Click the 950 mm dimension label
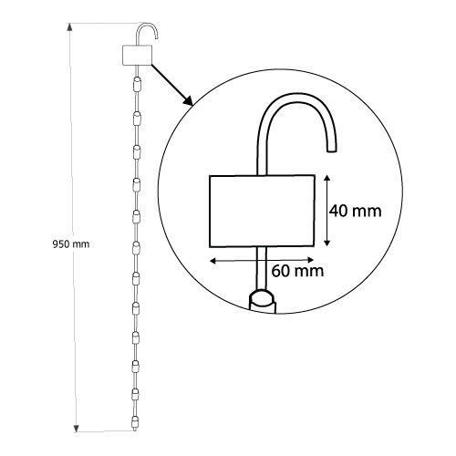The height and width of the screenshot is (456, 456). click(71, 244)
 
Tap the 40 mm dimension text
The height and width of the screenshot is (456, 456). click(356, 211)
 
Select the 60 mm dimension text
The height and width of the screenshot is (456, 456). click(297, 271)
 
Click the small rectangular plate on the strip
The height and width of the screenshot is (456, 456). click(137, 55)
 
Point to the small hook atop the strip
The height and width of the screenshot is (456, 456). click(147, 24)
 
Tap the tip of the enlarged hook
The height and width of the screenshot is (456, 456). click(332, 150)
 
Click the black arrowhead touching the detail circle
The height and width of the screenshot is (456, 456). click(189, 100)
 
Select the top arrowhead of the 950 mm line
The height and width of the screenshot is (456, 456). click(69, 27)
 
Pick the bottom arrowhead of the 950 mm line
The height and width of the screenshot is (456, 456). click(77, 428)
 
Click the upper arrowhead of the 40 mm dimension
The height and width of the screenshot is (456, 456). click(327, 179)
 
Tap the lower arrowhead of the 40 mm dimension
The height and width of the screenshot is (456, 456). click(327, 242)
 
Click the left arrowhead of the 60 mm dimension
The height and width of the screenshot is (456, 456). click(213, 260)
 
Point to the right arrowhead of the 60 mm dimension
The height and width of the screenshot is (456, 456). click(310, 260)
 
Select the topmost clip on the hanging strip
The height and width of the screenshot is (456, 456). click(137, 84)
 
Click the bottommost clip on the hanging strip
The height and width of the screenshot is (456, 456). click(135, 423)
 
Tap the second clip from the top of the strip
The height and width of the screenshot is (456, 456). click(137, 119)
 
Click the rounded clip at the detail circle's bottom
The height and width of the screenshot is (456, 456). click(263, 301)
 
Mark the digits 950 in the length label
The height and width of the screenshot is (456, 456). click(61, 244)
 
